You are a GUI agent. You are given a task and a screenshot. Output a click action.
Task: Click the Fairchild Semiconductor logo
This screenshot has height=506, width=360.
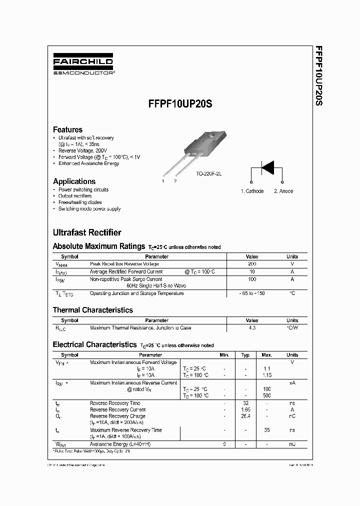83,65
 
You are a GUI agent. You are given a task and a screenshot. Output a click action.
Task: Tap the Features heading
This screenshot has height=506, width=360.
67,129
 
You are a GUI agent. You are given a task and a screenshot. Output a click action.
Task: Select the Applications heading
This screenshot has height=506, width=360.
74,181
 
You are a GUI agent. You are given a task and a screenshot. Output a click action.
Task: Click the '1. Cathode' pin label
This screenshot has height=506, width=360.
252,191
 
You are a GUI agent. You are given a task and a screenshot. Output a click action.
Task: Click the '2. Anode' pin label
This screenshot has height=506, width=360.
283,191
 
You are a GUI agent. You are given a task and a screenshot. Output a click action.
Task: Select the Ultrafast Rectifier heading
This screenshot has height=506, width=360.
87,232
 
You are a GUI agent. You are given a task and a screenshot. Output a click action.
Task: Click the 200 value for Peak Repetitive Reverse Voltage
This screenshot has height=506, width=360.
252,263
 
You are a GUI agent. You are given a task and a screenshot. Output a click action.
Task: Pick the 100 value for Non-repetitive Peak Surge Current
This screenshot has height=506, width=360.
252,279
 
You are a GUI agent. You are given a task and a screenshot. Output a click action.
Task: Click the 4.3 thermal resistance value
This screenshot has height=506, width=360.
252,328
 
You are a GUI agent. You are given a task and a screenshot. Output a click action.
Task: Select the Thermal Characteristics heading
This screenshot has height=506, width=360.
93,310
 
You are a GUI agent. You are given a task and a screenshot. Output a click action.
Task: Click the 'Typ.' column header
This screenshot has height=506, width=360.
245,355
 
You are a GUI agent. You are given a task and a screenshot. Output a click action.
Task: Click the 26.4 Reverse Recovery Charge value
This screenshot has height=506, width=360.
245,416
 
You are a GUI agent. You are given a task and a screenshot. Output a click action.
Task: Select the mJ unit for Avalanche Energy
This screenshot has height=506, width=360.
292,444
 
